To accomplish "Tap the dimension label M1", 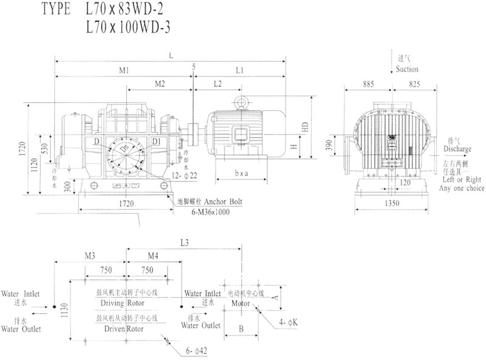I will coord(124,71).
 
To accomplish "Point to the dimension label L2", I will coord(217,82).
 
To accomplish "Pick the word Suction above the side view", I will coord(407,69).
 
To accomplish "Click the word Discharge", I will coord(457,148).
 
